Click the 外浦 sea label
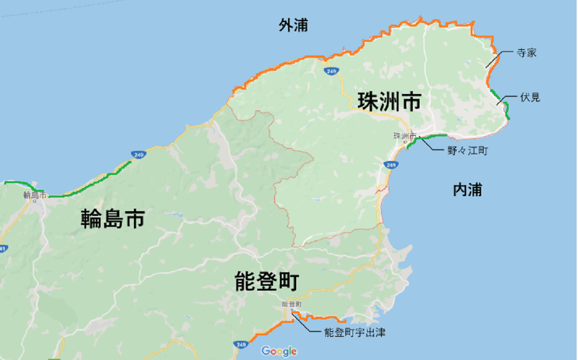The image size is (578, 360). [293, 26]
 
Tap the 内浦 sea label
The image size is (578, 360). [467, 190]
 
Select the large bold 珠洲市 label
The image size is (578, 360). [389, 102]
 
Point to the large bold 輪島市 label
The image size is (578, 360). [113, 218]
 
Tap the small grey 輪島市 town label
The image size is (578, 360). [35, 196]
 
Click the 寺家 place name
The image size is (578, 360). [526, 53]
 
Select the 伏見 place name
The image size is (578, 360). [530, 97]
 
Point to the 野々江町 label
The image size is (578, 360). [468, 151]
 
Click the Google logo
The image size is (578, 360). [279, 351]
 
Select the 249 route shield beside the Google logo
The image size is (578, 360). [240, 345]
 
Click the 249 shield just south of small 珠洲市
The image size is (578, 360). [391, 165]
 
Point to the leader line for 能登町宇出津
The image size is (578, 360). [308, 326]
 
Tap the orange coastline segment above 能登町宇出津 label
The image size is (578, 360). [318, 317]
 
